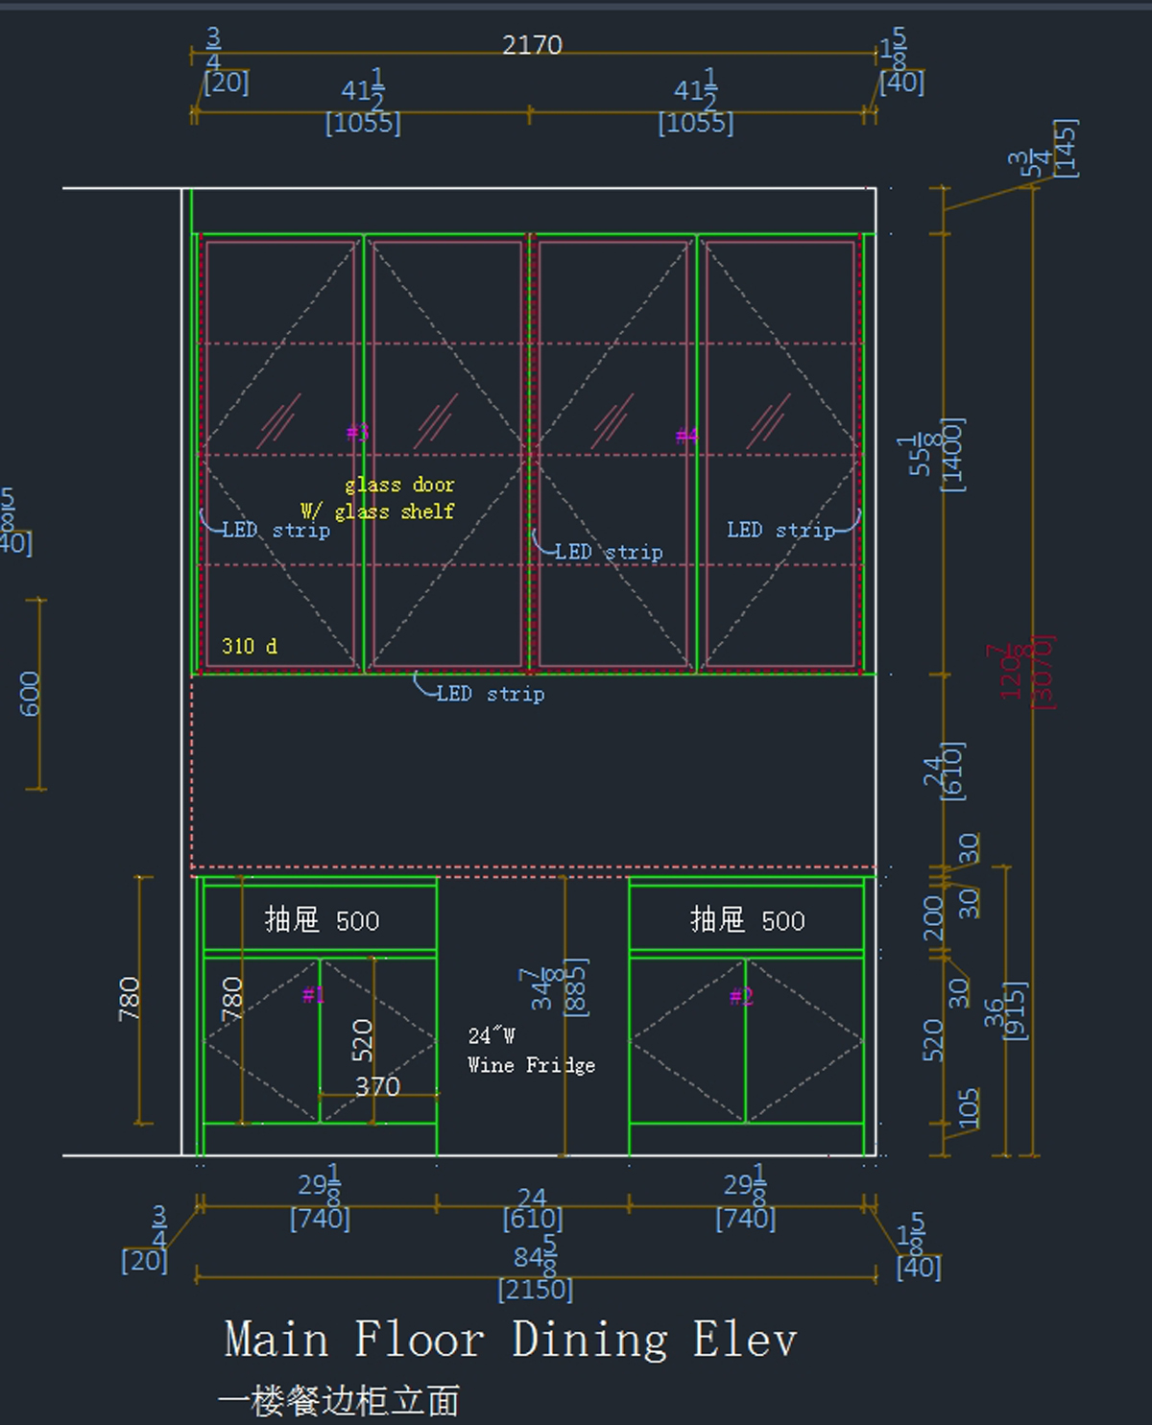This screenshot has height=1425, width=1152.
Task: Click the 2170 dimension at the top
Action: coord(532,45)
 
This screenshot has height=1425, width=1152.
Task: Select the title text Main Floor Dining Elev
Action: coord(511,1340)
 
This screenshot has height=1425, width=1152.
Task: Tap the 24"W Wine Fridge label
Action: coord(531,1051)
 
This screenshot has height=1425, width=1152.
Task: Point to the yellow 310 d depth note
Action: coord(250,646)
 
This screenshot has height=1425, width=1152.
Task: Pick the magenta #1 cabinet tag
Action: coord(314,995)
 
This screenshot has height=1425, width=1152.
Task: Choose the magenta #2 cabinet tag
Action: coord(741,996)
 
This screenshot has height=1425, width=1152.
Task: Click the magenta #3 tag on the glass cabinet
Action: coord(357,433)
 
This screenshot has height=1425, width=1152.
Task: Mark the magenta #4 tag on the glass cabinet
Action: coord(686,437)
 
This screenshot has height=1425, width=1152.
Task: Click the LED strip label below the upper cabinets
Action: coord(490,693)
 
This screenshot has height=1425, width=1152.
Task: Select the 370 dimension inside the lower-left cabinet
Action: coord(377,1086)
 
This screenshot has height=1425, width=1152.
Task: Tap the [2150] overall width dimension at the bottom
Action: coord(535,1289)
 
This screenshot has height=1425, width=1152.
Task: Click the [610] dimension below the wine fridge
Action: coord(532,1219)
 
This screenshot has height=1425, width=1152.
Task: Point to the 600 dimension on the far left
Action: coord(30,693)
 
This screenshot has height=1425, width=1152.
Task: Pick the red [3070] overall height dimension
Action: coord(1044,672)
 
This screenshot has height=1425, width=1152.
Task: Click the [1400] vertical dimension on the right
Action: coord(952,455)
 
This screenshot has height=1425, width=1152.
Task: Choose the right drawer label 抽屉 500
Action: coord(747,920)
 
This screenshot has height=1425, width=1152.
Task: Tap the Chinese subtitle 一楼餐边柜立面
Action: coord(339,1401)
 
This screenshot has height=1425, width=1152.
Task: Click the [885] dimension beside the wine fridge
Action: coord(576,986)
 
